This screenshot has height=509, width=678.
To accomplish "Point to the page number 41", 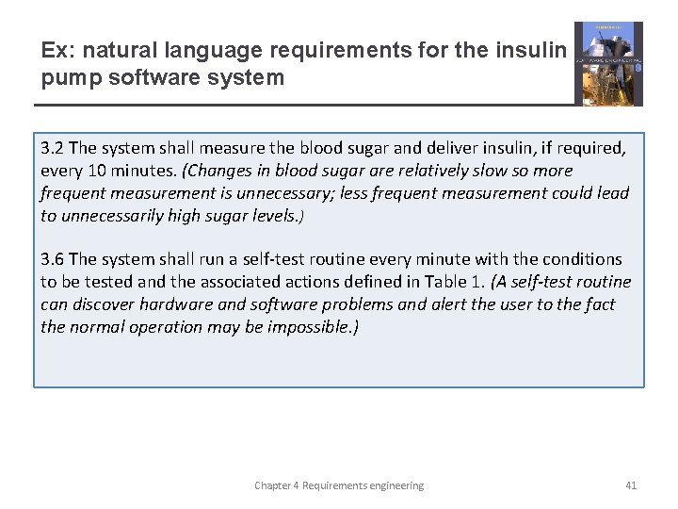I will tap(631, 485).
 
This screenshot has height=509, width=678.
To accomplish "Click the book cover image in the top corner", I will tap(608, 63).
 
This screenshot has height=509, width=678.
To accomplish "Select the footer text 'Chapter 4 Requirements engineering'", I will tap(339, 485).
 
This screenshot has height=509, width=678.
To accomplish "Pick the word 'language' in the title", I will tap(201, 51).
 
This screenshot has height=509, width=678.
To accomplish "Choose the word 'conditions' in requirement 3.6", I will tap(581, 259).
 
